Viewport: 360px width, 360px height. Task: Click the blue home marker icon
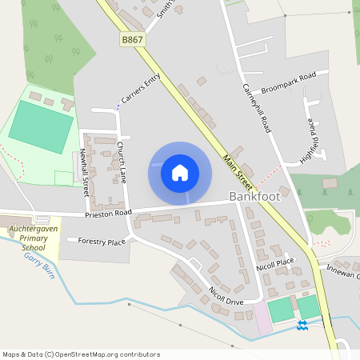[180, 173]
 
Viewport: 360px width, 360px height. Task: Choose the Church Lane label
[122, 161]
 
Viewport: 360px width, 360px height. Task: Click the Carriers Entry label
[141, 90]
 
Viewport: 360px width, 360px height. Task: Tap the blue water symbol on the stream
[302, 325]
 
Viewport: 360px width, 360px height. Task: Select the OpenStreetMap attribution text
[82, 354]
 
